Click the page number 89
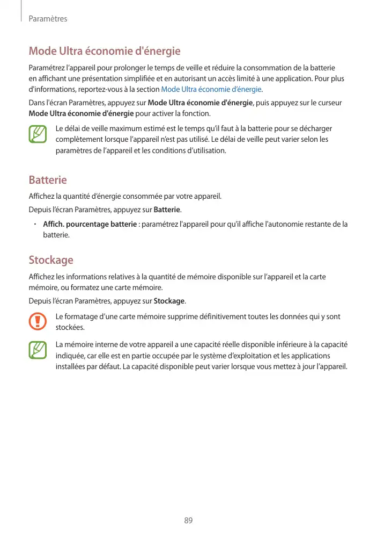[x=188, y=521]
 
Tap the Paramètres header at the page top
[x=48, y=19]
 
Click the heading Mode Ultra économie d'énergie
[x=104, y=52]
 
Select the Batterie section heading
[x=48, y=179]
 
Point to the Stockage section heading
[x=51, y=260]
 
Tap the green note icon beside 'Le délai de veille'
[x=38, y=134]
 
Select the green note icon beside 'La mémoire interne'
[x=38, y=350]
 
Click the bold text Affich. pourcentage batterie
[x=90, y=223]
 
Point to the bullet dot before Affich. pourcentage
[x=33, y=223]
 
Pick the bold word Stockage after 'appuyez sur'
[x=169, y=300]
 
